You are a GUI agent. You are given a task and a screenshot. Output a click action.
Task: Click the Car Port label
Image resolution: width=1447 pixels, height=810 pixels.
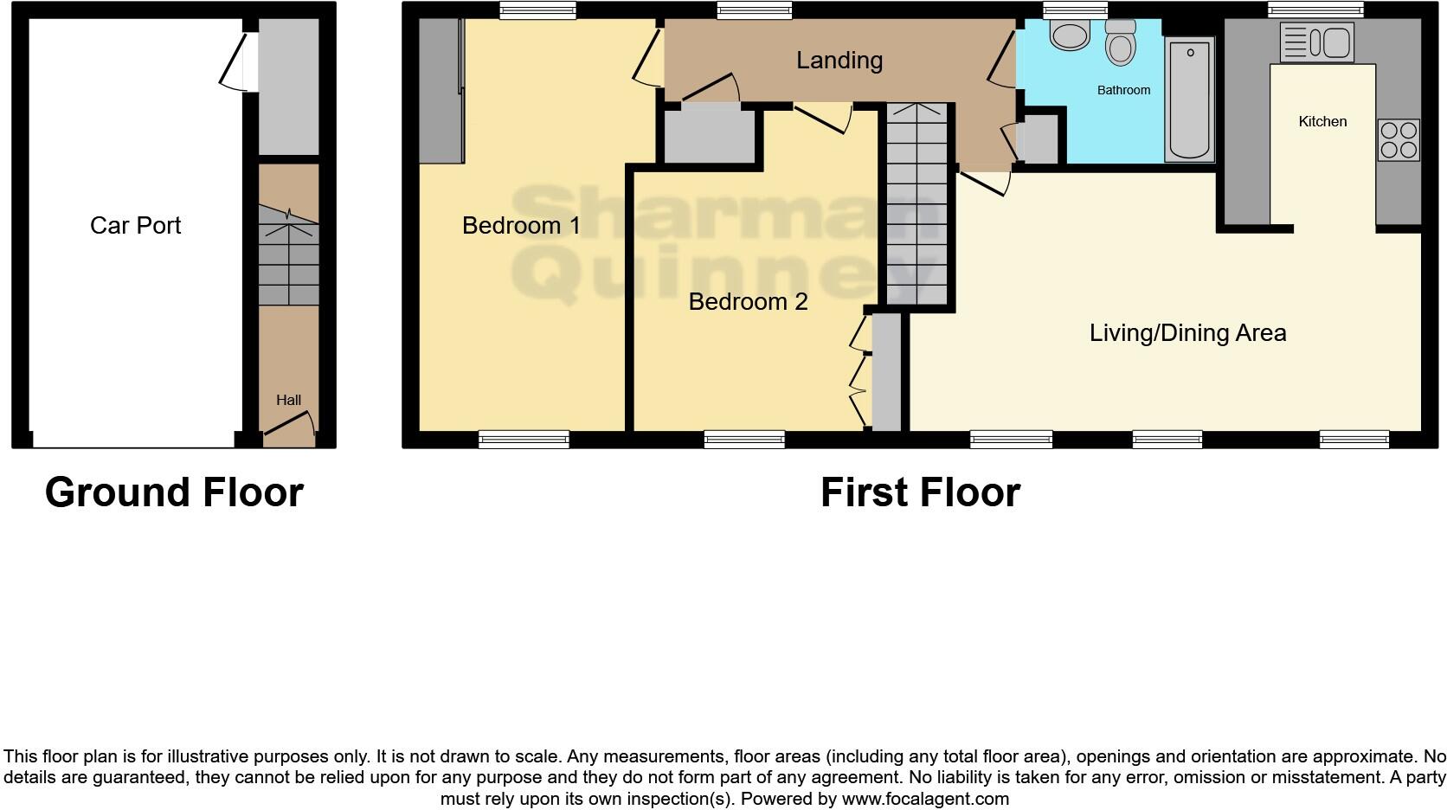click(135, 226)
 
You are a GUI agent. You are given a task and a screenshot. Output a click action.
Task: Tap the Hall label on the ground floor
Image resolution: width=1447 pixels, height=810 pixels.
click(288, 400)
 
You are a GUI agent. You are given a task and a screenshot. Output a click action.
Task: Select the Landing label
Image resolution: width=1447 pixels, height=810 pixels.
click(839, 61)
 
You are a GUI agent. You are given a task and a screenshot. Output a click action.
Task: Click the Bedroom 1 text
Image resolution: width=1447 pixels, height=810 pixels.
click(521, 226)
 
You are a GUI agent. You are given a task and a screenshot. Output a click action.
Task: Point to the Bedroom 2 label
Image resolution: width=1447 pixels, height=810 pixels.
click(748, 302)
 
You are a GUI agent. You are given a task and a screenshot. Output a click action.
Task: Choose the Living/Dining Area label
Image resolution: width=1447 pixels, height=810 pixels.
click(1187, 333)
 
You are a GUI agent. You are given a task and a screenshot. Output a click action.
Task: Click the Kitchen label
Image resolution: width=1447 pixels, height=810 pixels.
click(1322, 122)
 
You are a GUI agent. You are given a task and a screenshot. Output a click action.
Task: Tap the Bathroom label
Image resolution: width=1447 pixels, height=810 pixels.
click(1123, 90)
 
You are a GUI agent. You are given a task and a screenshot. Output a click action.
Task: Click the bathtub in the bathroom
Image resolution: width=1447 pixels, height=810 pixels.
click(1189, 100)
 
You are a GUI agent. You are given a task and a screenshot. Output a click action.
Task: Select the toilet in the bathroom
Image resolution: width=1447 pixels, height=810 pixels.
click(1121, 43)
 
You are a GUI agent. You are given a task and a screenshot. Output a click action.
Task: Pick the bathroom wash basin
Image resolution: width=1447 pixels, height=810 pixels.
click(1070, 35)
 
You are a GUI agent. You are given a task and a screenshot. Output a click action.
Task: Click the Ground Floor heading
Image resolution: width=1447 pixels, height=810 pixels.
click(174, 492)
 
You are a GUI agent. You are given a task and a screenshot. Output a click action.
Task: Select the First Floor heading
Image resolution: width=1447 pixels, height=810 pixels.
click(920, 492)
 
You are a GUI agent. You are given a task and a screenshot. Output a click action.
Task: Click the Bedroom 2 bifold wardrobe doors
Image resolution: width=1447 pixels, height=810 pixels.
click(859, 372)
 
